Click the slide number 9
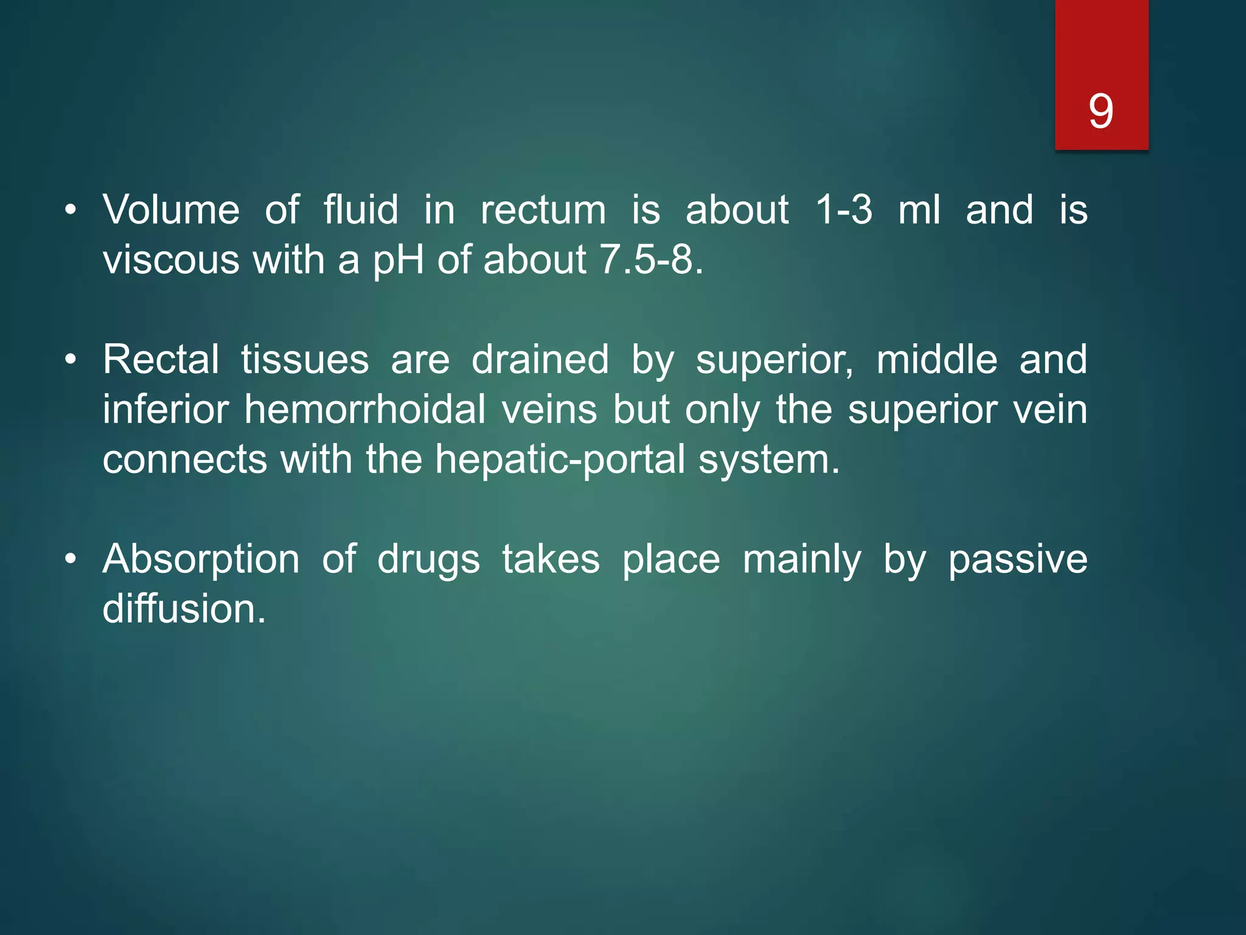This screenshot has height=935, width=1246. [x=1101, y=111]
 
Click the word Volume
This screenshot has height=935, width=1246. [x=171, y=210]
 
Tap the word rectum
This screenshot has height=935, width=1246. [x=543, y=210]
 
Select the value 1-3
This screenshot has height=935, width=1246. [x=843, y=210]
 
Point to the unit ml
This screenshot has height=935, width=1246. [x=919, y=210]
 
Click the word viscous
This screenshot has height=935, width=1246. [x=171, y=261]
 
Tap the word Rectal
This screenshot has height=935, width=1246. [x=161, y=359]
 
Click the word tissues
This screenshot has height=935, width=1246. [x=305, y=359]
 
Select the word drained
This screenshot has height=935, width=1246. [x=540, y=359]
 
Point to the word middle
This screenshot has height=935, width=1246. [x=936, y=359]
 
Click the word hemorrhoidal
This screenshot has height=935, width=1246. [x=365, y=409]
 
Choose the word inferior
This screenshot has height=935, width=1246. [x=165, y=409]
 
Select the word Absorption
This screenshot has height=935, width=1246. [x=201, y=560]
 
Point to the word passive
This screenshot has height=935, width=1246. [x=1018, y=560]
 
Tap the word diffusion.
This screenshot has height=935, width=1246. [x=184, y=609]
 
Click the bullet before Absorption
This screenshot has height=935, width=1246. [x=71, y=559]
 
